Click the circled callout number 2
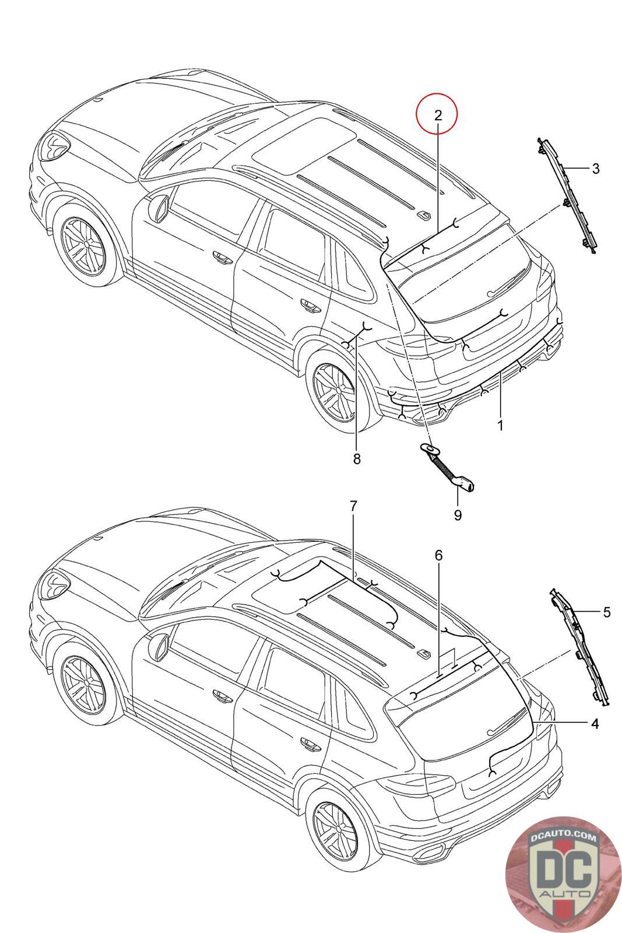[438, 115]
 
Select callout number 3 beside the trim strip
[595, 169]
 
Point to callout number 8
[357, 459]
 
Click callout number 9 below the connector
[458, 515]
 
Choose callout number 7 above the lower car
[353, 506]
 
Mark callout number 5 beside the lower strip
[607, 612]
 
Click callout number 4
[595, 724]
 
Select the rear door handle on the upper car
[307, 303]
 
